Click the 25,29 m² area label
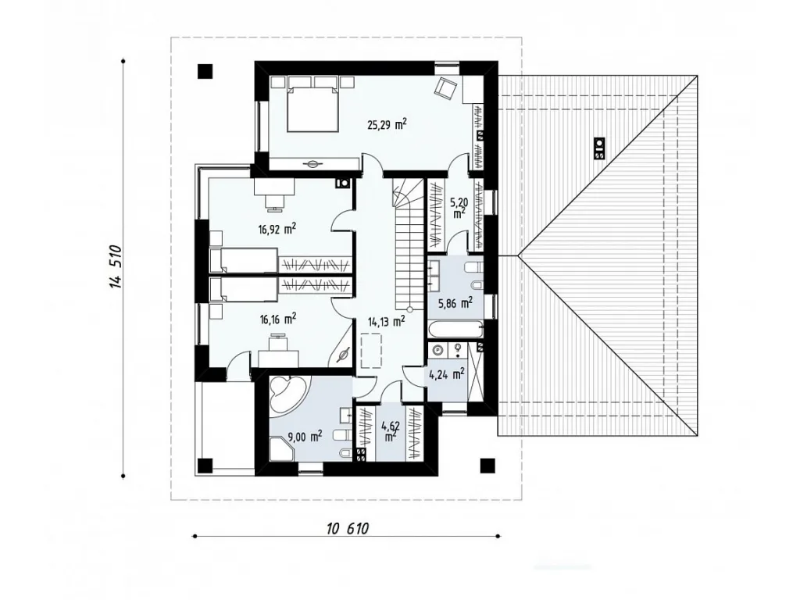point(387,124)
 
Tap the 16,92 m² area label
point(277,229)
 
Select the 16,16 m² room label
point(278,320)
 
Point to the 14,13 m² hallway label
point(387,321)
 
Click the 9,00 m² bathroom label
point(305,437)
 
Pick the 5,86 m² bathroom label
point(455,303)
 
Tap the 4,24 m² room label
point(447,374)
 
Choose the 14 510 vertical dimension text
point(116,267)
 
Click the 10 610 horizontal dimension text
point(348,529)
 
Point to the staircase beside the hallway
point(408,245)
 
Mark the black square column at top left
point(205,71)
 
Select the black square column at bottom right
point(487,466)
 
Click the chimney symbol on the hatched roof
point(600,148)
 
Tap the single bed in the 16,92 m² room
point(244,260)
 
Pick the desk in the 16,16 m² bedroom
point(279,358)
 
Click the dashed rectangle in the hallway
point(371,349)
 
